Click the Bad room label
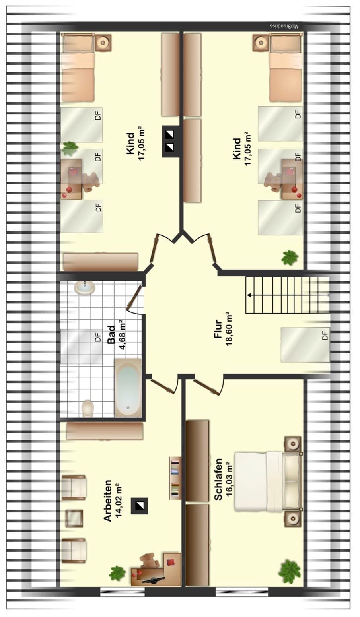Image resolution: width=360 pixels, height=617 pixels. [111, 335]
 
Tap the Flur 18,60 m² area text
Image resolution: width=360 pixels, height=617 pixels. [230, 329]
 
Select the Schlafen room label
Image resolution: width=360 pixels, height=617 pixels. [218, 479]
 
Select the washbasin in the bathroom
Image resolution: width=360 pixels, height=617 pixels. [84, 288]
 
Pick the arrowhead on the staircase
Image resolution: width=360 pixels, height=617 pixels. [249, 295]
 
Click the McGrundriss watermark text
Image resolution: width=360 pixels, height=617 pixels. [284, 27]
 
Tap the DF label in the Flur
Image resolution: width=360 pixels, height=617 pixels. [325, 335]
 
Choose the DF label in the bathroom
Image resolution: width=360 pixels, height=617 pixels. [98, 337]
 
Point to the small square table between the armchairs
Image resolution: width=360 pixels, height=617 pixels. [74, 518]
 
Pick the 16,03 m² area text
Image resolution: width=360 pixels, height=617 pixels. [230, 479]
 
